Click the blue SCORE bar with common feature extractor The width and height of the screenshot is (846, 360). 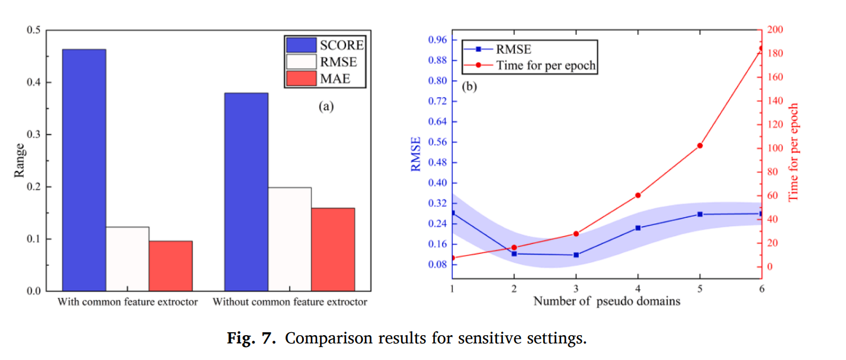pyautogui.click(x=84, y=170)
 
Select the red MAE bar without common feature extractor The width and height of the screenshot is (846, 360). pyautogui.click(x=333, y=249)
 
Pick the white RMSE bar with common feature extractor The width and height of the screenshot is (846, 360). pyautogui.click(x=127, y=259)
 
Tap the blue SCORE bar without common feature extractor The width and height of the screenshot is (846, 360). pyautogui.click(x=246, y=192)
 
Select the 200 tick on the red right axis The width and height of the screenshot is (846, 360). pyautogui.click(x=775, y=30)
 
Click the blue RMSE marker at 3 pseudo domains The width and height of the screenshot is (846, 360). pyautogui.click(x=576, y=255)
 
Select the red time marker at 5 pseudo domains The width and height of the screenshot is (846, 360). pyautogui.click(x=700, y=146)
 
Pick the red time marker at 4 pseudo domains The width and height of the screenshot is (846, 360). pyautogui.click(x=638, y=195)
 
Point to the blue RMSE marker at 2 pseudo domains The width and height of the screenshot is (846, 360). pyautogui.click(x=514, y=253)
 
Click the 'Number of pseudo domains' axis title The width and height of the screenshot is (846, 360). pyautogui.click(x=606, y=301)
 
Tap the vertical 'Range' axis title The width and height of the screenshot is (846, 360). pyautogui.click(x=20, y=160)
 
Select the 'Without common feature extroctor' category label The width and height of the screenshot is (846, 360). pyautogui.click(x=290, y=302)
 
